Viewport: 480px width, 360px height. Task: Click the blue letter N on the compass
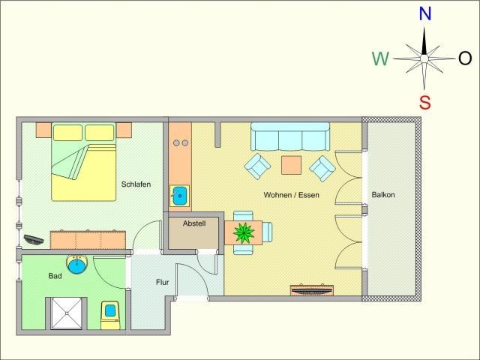[x=425, y=13]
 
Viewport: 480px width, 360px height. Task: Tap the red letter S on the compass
[x=425, y=102]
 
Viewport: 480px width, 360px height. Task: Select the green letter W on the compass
[x=380, y=58]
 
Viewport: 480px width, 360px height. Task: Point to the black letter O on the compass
[x=465, y=58]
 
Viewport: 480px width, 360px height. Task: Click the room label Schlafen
[x=136, y=184]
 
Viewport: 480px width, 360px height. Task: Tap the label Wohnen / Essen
[x=292, y=195]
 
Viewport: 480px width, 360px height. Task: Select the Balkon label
[x=383, y=195]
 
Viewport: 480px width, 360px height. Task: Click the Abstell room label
[x=194, y=223]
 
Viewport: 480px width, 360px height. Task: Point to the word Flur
[x=162, y=282]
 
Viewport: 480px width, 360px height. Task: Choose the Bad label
[x=55, y=276]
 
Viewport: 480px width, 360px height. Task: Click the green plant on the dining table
[x=244, y=233]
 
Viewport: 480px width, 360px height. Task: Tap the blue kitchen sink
[x=180, y=195]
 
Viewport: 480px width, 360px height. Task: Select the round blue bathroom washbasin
[x=77, y=265]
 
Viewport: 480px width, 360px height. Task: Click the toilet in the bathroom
[x=110, y=315]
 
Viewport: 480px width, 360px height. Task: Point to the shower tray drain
[x=67, y=313]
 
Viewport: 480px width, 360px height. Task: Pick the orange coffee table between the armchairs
[x=291, y=165]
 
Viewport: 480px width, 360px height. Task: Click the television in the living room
[x=312, y=290]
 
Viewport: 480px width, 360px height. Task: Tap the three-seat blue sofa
[x=290, y=136]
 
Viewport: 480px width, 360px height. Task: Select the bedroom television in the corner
[x=33, y=239]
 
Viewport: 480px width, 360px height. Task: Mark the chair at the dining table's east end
[x=267, y=232]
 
